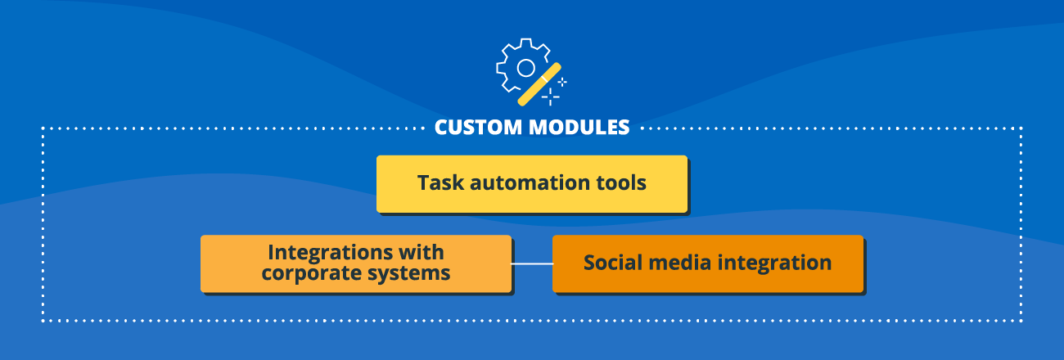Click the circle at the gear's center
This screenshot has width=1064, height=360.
525,67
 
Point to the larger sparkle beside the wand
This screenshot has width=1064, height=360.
552,97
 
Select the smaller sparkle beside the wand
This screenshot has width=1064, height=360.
562,82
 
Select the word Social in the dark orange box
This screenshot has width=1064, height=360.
611,263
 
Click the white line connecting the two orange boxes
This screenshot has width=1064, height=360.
532,263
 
